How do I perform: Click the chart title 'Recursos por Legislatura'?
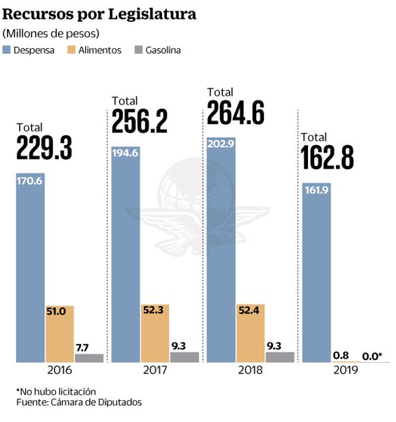click(x=99, y=13)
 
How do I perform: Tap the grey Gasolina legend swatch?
click(x=138, y=50)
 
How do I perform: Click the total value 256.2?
click(x=139, y=122)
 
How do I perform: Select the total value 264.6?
click(x=235, y=113)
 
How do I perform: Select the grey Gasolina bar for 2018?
click(x=280, y=357)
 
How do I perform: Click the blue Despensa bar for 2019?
click(x=316, y=272)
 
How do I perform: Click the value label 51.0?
click(x=59, y=312)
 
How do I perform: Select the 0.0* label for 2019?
click(x=371, y=355)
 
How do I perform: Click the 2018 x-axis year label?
click(x=251, y=372)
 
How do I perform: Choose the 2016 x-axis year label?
click(x=60, y=372)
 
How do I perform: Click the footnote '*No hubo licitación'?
click(x=56, y=391)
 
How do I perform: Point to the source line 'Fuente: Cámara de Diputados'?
click(x=79, y=402)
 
